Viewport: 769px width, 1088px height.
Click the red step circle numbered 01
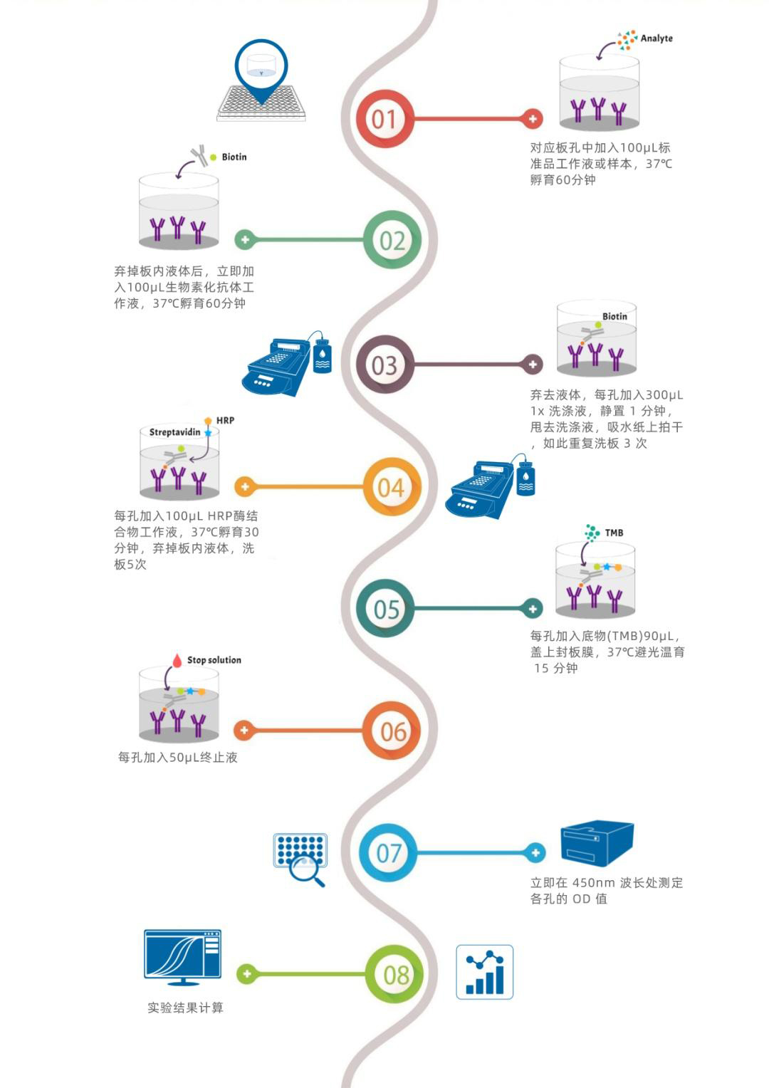coord(384,119)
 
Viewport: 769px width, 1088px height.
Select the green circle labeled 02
coord(392,240)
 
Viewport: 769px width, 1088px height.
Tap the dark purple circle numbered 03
coord(384,365)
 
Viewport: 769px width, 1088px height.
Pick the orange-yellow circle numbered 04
coord(392,487)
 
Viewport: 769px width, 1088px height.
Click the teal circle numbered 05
coord(386,609)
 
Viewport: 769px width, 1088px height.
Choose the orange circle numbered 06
coord(392,731)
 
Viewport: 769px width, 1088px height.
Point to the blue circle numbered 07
coord(388,852)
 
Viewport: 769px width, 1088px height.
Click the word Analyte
coord(656,38)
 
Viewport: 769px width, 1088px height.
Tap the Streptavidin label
coord(174,432)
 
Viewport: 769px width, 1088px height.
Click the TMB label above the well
coord(614,533)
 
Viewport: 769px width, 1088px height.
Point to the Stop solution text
coord(214,660)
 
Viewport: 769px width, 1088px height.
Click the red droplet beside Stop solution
coord(177,660)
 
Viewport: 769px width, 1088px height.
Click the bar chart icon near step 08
coord(484,972)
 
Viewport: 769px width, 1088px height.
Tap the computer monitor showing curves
coord(183,956)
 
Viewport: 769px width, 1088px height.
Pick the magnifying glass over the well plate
coord(310,870)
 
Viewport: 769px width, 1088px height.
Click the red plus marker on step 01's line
coord(533,119)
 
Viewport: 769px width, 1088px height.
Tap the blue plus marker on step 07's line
coord(535,852)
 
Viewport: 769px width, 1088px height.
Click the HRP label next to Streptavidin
coord(225,421)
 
